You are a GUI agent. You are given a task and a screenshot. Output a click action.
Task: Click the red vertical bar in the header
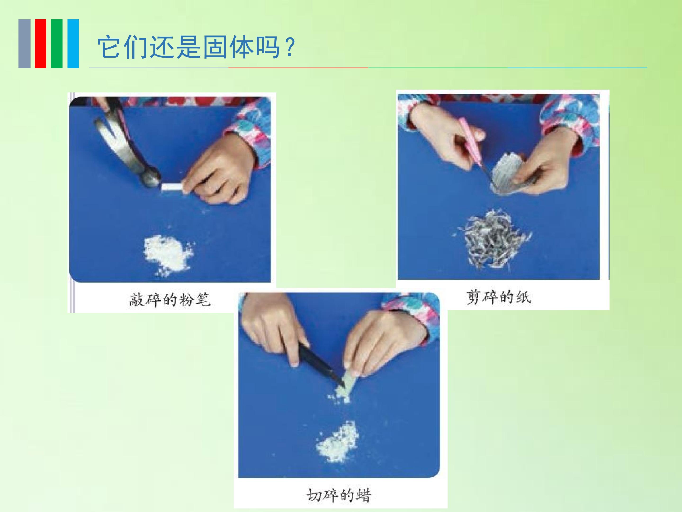(40, 44)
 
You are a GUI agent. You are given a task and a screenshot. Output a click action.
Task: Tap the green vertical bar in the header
(57, 44)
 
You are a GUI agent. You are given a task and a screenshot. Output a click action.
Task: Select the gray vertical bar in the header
(24, 44)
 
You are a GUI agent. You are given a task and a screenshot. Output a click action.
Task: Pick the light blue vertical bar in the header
(73, 44)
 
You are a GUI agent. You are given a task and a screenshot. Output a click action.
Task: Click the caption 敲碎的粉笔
(170, 299)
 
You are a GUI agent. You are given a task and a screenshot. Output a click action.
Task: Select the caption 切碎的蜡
(339, 495)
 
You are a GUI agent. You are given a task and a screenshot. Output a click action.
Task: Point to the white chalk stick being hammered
(171, 187)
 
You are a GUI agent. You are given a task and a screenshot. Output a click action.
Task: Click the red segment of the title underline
(298, 68)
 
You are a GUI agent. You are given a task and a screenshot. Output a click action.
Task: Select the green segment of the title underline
(438, 68)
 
